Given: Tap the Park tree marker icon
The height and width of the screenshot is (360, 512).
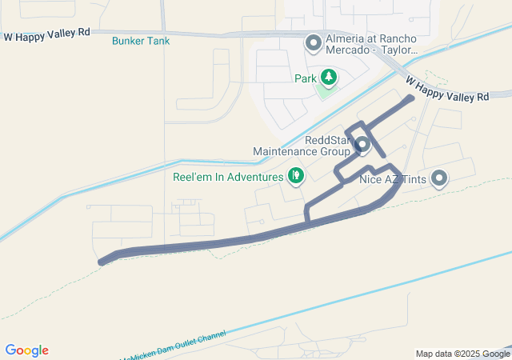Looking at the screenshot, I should [x=328, y=77].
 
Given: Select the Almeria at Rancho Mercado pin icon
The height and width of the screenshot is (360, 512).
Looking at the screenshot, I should [x=313, y=42].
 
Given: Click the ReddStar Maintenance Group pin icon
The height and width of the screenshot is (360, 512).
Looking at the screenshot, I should [x=362, y=145].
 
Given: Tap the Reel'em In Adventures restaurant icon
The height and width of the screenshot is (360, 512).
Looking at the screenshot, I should [x=295, y=174].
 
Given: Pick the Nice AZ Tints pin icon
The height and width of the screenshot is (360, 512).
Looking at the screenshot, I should [x=438, y=178].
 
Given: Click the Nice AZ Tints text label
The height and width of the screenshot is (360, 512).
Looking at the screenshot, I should [x=394, y=179].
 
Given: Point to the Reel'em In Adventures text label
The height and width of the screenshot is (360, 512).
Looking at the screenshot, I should [x=228, y=176].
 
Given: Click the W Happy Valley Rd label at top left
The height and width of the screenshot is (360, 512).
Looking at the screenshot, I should [x=47, y=35].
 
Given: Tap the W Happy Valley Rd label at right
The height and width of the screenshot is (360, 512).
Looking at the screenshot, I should [x=446, y=88].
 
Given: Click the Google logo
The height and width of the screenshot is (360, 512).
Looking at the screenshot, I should [x=26, y=350].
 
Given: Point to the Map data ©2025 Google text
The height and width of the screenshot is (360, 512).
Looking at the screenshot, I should [x=462, y=354].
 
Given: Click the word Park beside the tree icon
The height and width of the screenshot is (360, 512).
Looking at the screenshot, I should [x=306, y=78].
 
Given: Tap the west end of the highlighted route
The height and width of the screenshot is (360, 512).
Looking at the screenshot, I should [x=101, y=262].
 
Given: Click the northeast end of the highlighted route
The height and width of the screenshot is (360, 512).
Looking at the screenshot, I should [x=411, y=98].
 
